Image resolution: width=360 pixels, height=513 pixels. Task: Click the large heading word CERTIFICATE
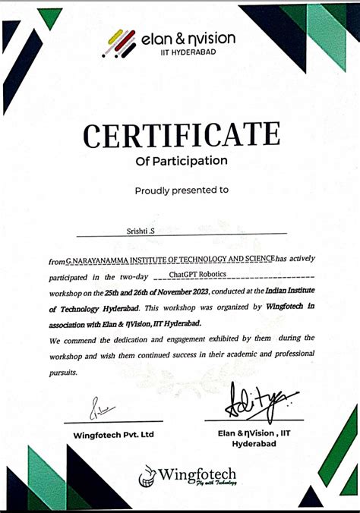click(181, 136)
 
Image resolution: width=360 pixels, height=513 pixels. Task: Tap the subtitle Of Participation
click(181, 160)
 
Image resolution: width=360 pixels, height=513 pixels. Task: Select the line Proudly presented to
click(181, 190)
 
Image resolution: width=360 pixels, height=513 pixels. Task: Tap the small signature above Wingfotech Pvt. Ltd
click(103, 410)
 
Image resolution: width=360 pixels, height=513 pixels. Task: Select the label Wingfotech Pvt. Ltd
click(114, 435)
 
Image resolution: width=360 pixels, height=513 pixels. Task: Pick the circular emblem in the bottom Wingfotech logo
click(147, 477)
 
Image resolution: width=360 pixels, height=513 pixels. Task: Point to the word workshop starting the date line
click(68, 292)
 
